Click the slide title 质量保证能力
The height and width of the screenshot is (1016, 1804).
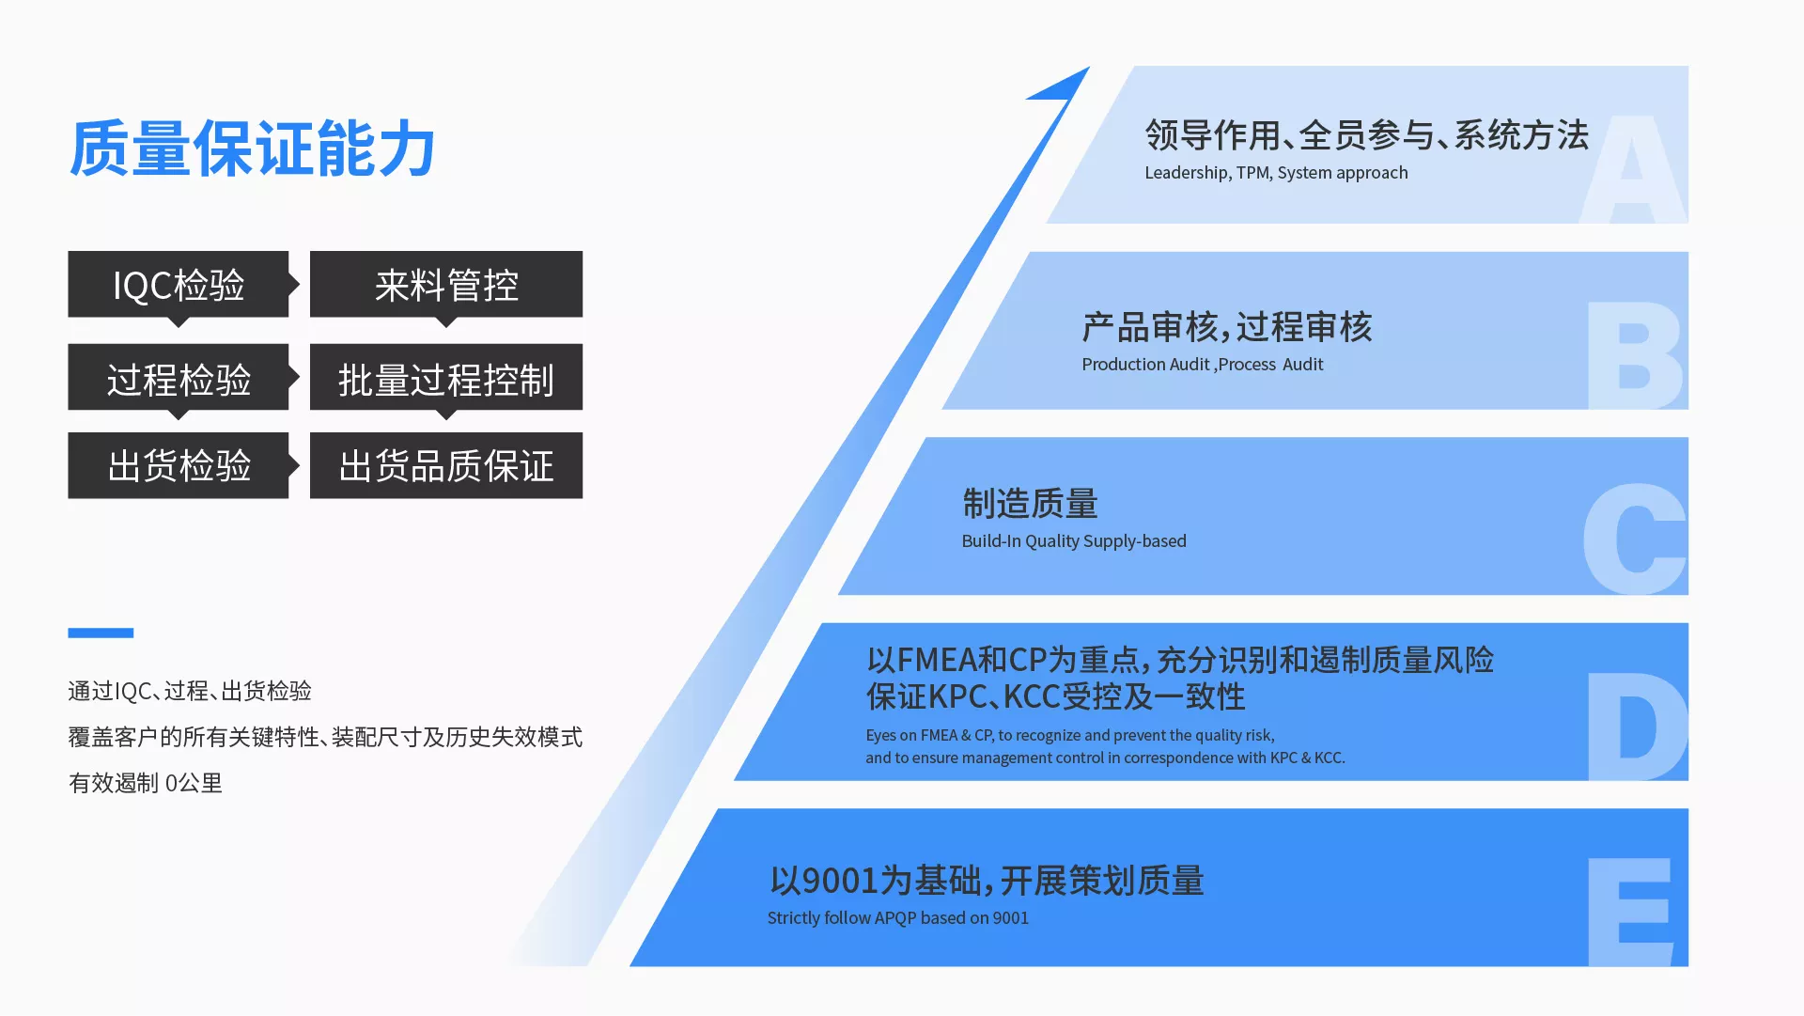(252, 148)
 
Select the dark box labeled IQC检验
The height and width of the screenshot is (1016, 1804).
(179, 284)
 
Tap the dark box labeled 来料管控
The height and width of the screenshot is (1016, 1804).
(446, 284)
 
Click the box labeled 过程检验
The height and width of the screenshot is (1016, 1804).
(179, 377)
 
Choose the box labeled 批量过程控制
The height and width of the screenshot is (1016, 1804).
(446, 377)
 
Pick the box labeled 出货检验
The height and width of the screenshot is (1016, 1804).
(179, 465)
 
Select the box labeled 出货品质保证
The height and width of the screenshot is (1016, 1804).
(446, 465)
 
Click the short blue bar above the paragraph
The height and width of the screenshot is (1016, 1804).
(101, 633)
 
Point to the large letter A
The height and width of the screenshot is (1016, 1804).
(1633, 169)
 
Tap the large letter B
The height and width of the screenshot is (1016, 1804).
(1636, 355)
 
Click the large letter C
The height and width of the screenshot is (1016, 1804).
(1635, 539)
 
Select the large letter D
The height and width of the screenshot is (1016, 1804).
(1637, 727)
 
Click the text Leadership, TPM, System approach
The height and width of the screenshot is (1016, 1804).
(1276, 173)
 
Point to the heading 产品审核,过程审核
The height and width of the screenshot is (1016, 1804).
(1227, 327)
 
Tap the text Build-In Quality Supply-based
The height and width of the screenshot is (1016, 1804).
(1074, 541)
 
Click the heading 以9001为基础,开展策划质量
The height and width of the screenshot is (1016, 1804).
(987, 881)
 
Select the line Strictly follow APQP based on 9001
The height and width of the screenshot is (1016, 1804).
(898, 918)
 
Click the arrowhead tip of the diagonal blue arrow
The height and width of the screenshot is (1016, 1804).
(1089, 67)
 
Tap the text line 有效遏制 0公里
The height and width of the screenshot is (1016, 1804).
(146, 783)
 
